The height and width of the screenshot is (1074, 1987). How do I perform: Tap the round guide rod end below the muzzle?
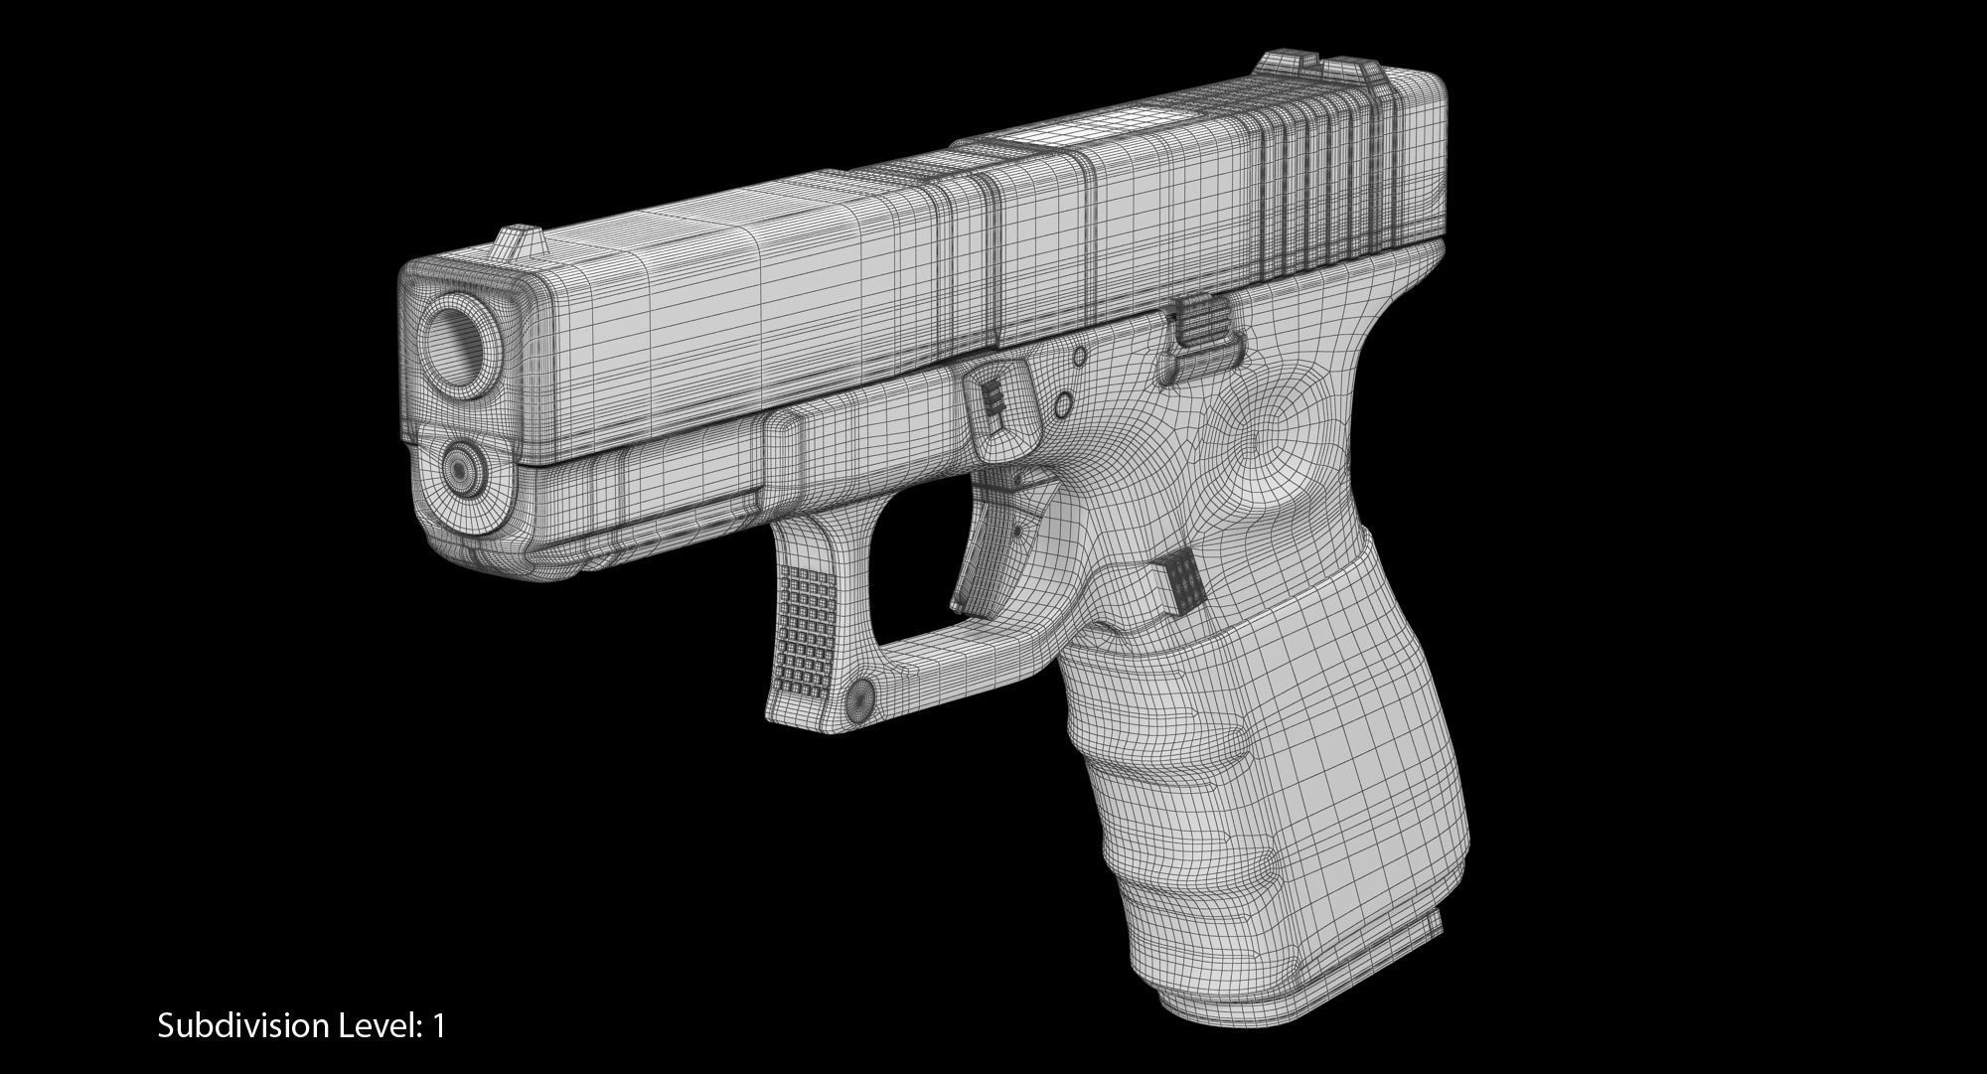pyautogui.click(x=460, y=464)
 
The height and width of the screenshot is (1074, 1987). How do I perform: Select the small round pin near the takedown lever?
pyautogui.click(x=1061, y=405)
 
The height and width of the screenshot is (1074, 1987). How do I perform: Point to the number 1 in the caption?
pyautogui.click(x=438, y=1026)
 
